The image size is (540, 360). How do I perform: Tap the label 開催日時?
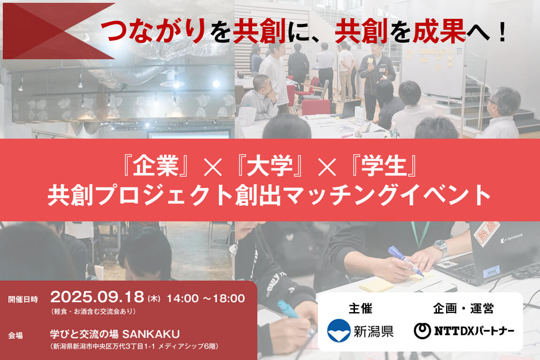[23, 298]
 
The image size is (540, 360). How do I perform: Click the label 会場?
[15, 336]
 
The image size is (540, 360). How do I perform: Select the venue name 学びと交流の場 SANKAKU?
[115, 335]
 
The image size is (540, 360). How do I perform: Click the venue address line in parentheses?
[133, 347]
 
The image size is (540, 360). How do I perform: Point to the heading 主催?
[360, 309]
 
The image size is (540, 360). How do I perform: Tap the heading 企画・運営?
[463, 309]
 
